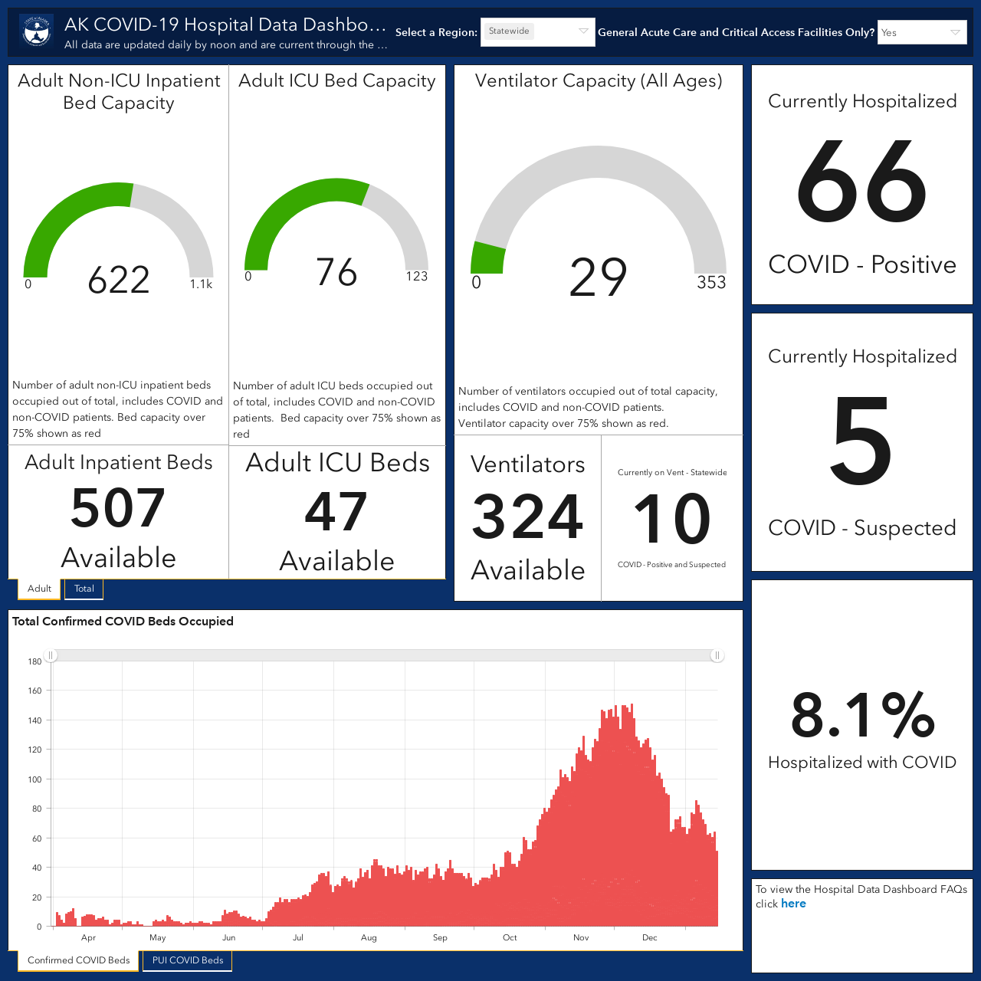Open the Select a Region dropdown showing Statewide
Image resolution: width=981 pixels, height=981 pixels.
[537, 32]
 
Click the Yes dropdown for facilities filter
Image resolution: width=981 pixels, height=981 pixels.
[922, 33]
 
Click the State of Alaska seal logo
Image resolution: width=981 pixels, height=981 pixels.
[37, 31]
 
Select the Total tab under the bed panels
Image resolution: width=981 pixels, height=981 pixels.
[84, 589]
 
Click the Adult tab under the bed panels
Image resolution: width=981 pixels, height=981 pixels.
[39, 589]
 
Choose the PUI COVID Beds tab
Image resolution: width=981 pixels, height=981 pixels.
[187, 960]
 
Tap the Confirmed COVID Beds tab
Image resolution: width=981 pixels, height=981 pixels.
[78, 960]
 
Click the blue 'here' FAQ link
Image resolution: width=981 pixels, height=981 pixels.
[793, 904]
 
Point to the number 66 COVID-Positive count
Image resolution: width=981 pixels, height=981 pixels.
[861, 182]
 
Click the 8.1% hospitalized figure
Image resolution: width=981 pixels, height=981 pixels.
[862, 715]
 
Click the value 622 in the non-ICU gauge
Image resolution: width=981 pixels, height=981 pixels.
[119, 280]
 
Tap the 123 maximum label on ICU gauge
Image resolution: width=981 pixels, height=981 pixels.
[416, 276]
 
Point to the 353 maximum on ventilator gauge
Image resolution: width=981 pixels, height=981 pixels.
[711, 282]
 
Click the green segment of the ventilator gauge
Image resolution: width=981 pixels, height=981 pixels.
[487, 258]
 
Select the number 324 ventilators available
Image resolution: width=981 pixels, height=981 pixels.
[527, 517]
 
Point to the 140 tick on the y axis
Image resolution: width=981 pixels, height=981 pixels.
[34, 720]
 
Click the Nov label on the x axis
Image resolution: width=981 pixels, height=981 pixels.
[581, 937]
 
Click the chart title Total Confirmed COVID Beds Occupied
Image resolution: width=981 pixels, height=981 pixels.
[123, 621]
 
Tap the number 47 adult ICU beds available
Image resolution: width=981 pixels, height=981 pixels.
[336, 511]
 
